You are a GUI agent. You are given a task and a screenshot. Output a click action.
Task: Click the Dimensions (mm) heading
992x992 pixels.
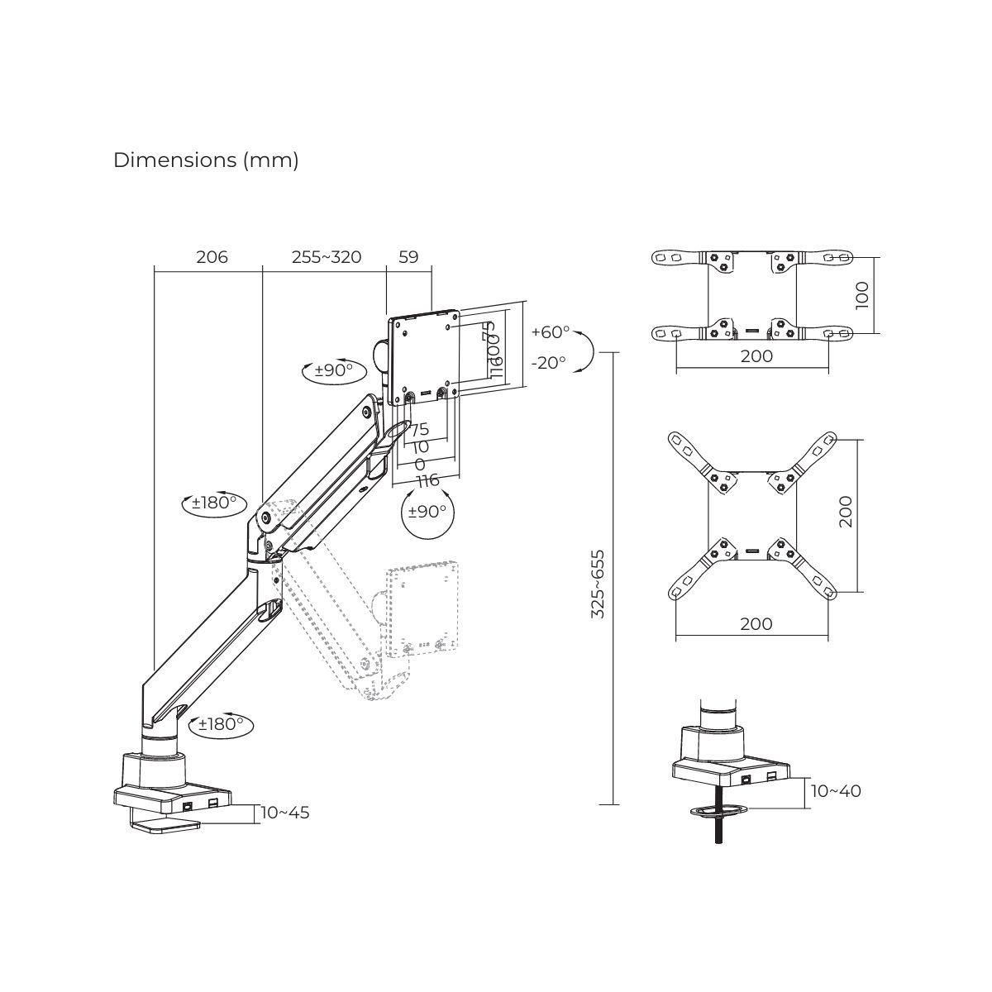206,160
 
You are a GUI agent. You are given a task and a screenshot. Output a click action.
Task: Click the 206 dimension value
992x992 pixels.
212,257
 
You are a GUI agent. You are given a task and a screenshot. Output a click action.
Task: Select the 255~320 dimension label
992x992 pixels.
327,257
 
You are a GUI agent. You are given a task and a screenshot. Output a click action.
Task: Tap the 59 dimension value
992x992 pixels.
408,257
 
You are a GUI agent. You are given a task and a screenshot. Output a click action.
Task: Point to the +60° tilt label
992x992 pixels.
550,332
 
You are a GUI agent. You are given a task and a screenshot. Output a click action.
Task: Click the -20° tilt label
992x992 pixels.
548,362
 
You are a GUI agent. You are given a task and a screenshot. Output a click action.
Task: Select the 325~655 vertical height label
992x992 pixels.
598,584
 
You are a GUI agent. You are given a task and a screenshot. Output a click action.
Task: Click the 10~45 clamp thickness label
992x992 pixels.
285,813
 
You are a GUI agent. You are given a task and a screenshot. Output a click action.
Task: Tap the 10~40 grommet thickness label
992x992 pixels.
835,791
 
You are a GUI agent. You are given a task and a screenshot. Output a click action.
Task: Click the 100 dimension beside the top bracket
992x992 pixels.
862,295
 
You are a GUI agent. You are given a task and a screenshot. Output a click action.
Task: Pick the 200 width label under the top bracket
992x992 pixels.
756,356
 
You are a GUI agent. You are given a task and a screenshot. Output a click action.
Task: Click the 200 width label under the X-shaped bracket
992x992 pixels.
756,624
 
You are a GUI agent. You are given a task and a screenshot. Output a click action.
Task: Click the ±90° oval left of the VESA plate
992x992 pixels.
334,370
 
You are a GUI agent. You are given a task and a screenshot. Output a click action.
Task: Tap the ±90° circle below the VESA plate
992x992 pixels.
427,512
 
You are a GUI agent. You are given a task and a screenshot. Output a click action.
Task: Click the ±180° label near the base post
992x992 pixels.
221,724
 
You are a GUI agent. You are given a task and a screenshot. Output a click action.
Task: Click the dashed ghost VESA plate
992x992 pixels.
422,608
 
